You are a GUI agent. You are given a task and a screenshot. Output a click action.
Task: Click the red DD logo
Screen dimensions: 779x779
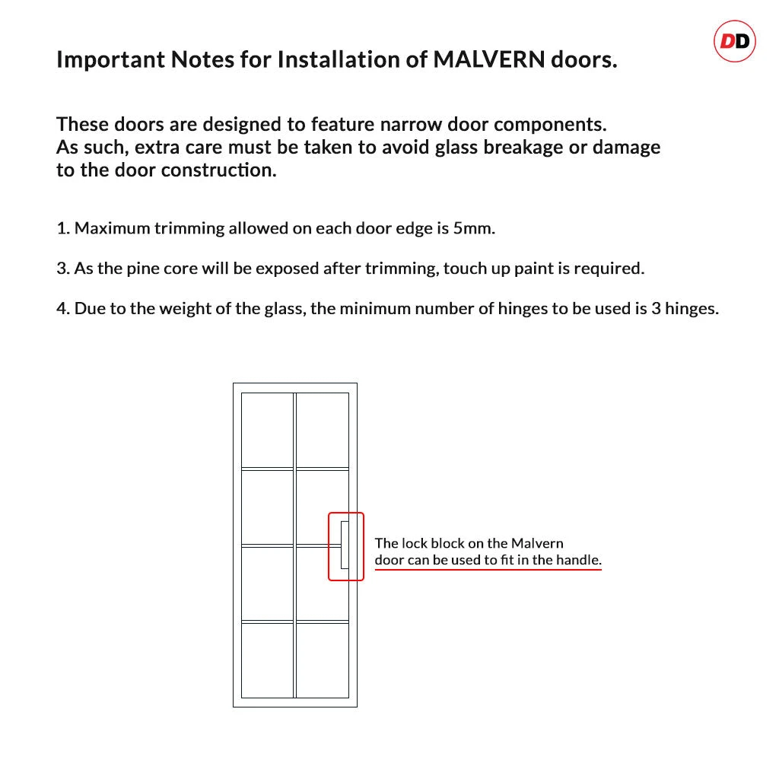pos(734,41)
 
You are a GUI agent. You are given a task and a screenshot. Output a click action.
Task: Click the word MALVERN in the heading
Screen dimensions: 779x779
pos(486,60)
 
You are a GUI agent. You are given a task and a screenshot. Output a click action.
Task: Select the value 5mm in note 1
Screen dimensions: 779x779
pos(473,228)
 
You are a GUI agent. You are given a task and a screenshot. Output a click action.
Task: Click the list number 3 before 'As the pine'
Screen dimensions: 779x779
pos(61,269)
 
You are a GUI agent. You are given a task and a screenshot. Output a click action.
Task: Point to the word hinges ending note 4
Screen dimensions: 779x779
pos(691,309)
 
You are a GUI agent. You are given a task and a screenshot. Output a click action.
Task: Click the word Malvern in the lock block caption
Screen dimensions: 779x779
pos(537,543)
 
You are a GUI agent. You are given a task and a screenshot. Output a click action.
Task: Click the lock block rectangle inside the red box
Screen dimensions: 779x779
pos(345,545)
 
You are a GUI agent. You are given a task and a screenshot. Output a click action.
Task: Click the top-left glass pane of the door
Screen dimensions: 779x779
pos(267,430)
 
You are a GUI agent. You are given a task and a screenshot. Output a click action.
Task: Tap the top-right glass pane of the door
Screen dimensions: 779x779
pos(322,430)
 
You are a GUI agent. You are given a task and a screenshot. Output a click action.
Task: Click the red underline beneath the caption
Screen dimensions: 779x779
pos(488,569)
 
